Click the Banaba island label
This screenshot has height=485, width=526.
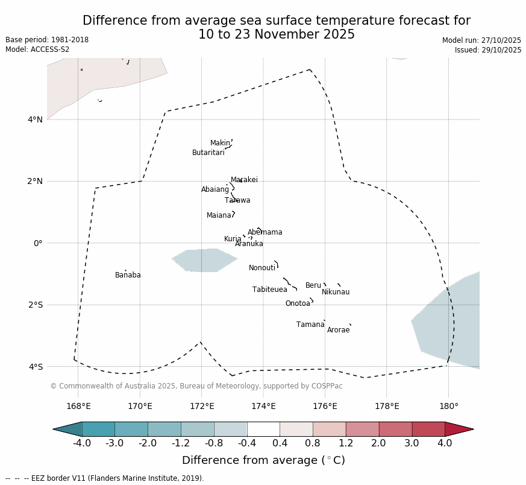[128, 275]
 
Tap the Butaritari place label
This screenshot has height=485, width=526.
[208, 153]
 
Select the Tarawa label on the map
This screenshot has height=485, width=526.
[237, 200]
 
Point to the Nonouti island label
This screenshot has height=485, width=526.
[262, 268]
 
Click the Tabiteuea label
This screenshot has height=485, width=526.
[269, 290]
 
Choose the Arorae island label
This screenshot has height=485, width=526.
[338, 330]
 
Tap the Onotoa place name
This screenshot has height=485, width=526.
[298, 303]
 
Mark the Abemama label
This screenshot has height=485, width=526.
[265, 232]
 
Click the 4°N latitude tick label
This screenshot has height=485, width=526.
[35, 119]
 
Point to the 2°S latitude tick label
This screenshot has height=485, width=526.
[35, 305]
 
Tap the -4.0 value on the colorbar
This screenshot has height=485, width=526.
[82, 443]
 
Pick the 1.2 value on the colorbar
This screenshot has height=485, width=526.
[346, 443]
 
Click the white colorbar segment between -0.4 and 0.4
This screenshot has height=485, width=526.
[263, 429]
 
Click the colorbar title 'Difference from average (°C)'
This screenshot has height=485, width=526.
[263, 460]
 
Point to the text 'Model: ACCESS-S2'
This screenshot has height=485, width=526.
[37, 49]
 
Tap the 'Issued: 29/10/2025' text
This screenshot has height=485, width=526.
[487, 50]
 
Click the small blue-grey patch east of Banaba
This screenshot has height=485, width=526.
[204, 260]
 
